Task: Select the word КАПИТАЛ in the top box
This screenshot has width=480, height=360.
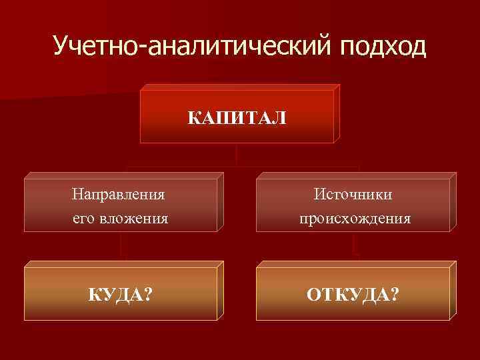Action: [237, 118]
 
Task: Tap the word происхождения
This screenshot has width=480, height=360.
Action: [355, 218]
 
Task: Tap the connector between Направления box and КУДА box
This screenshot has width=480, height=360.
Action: [123, 249]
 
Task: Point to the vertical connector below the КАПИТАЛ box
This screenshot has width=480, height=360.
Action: [237, 155]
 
